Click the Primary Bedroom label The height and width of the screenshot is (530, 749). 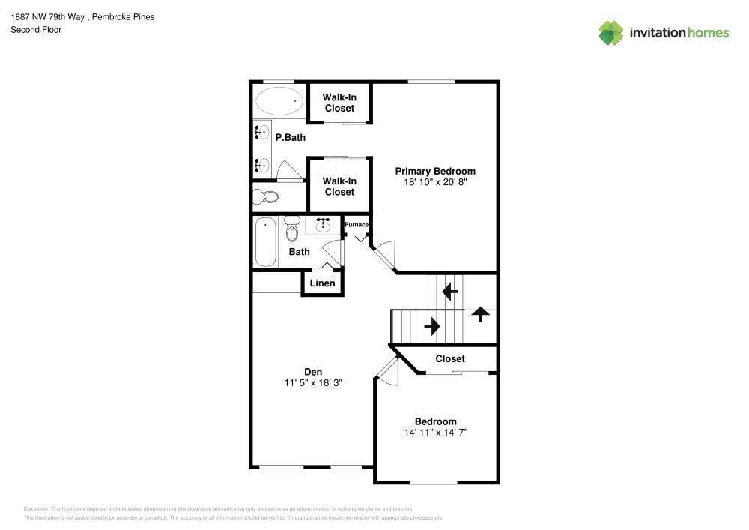(x=435, y=171)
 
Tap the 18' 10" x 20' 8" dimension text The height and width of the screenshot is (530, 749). (x=435, y=182)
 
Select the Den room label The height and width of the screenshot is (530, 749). (x=313, y=371)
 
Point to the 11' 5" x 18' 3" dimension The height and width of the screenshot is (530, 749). (x=313, y=382)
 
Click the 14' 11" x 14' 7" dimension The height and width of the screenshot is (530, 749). (x=435, y=433)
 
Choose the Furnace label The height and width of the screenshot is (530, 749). (x=357, y=225)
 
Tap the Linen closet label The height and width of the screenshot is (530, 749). (x=322, y=283)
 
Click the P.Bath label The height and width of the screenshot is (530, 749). (x=290, y=138)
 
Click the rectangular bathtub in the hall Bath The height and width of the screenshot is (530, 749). (x=266, y=241)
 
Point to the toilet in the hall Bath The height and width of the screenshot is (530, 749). (x=292, y=227)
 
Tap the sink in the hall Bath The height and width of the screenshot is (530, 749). (x=324, y=225)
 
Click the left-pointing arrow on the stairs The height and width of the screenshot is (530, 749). (x=450, y=290)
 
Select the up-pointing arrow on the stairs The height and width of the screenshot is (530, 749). (x=479, y=314)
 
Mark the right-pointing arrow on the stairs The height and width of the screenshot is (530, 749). (x=433, y=326)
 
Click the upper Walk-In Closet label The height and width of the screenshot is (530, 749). (x=339, y=103)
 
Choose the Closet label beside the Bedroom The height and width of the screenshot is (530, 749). (x=450, y=359)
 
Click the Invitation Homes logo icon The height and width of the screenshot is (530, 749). (x=610, y=33)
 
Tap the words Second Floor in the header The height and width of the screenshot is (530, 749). (x=36, y=30)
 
